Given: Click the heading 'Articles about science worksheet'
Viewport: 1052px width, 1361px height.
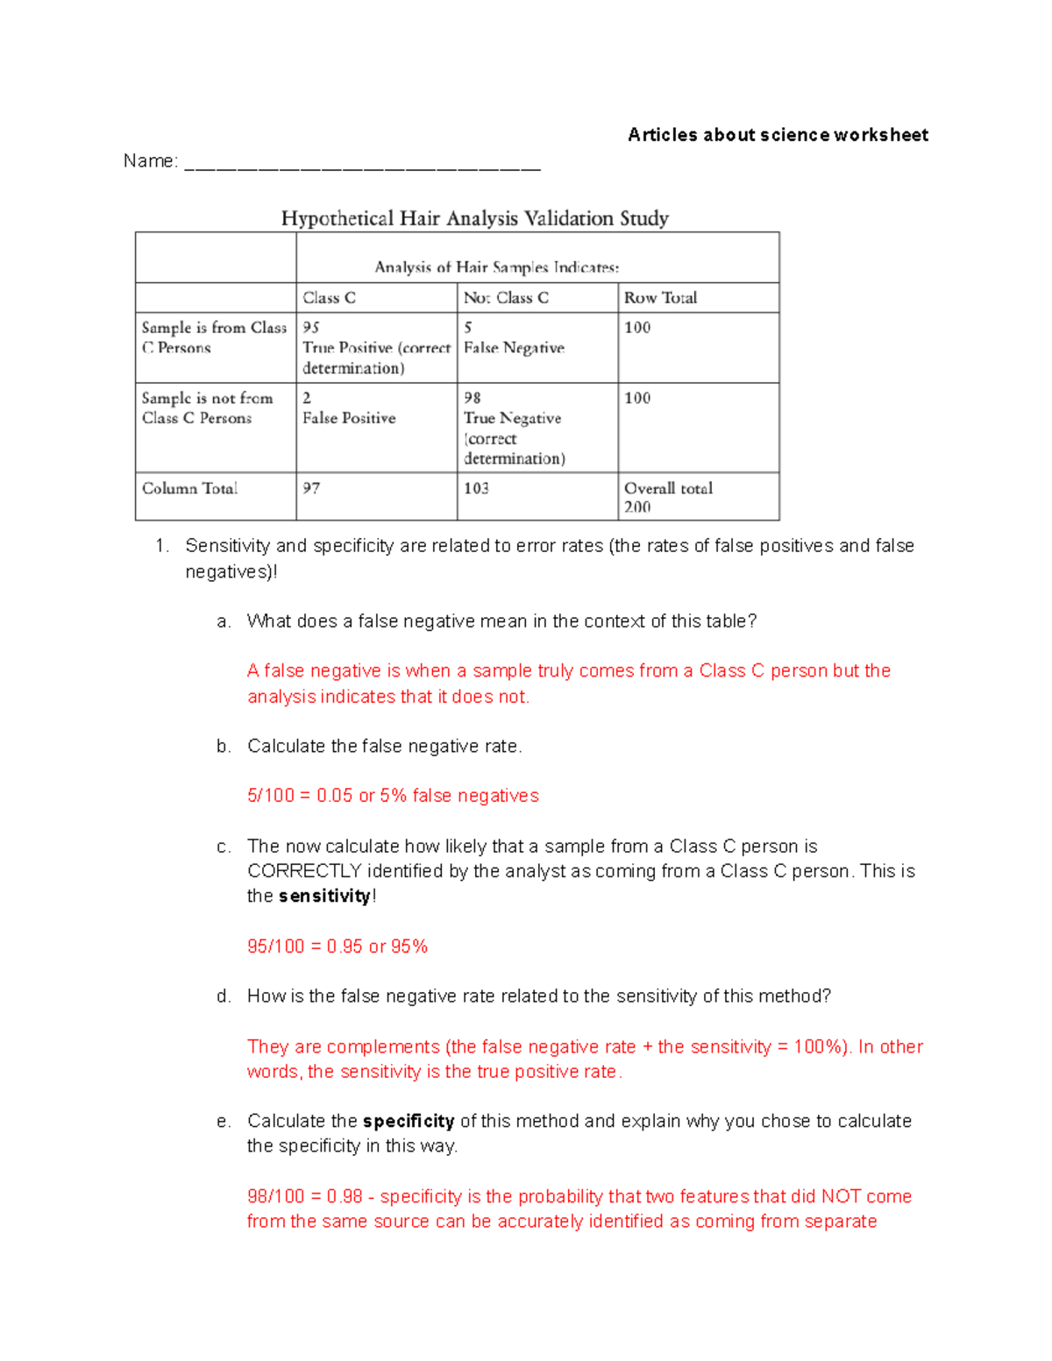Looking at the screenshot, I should (778, 135).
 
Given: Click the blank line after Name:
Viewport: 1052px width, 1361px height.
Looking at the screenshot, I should (362, 165).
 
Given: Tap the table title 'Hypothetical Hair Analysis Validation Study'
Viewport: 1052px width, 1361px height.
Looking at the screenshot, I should (474, 218).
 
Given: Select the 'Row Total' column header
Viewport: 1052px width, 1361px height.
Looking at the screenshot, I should (660, 298).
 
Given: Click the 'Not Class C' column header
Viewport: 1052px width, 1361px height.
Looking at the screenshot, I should (506, 298).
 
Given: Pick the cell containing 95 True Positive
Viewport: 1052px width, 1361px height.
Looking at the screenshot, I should (376, 348).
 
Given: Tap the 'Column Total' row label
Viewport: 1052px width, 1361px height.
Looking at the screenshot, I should (189, 488).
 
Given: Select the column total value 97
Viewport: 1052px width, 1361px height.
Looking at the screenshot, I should (311, 488).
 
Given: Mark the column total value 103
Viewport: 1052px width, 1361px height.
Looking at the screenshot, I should (476, 488).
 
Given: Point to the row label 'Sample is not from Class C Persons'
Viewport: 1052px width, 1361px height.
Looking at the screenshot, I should (207, 408).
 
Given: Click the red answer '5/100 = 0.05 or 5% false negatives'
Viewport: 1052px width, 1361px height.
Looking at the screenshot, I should (393, 796).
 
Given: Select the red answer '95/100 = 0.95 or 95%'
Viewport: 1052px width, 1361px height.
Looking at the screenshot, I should (338, 946).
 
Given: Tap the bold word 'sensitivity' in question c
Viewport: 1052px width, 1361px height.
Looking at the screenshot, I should (323, 896).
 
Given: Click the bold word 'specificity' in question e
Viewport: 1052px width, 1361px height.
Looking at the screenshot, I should (408, 1121).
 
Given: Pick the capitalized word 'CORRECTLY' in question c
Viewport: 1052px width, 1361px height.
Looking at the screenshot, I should (304, 871).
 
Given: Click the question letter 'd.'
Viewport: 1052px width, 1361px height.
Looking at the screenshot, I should (224, 996).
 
